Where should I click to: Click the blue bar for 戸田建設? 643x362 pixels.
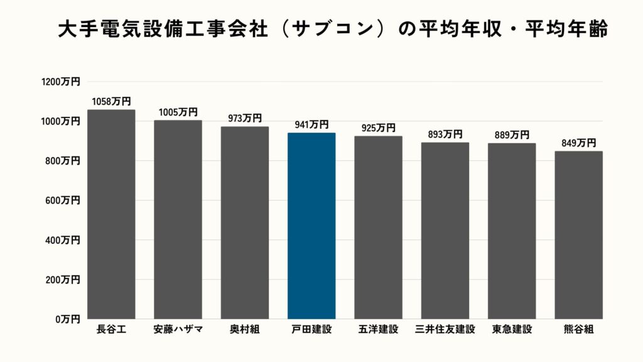click(x=311, y=226)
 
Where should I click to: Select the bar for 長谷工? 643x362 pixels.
click(x=111, y=214)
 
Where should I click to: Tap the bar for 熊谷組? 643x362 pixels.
click(x=578, y=235)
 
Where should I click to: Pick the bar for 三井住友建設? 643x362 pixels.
click(x=445, y=231)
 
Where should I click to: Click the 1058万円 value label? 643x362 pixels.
click(x=111, y=101)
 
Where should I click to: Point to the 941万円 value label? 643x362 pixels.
click(x=311, y=125)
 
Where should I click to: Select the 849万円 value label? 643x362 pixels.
click(x=578, y=143)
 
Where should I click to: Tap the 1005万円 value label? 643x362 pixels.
click(x=178, y=112)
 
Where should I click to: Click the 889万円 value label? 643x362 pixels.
click(x=512, y=135)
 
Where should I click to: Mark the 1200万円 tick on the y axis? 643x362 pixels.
click(x=61, y=82)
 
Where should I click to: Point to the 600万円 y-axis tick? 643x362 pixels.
click(x=63, y=200)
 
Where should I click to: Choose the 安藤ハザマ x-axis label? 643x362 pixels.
click(x=178, y=329)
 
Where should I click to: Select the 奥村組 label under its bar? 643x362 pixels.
click(x=245, y=329)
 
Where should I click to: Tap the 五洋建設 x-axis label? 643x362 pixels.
click(x=378, y=329)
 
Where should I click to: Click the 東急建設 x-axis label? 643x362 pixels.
click(x=512, y=329)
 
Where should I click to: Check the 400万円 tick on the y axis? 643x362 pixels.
click(x=63, y=240)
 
